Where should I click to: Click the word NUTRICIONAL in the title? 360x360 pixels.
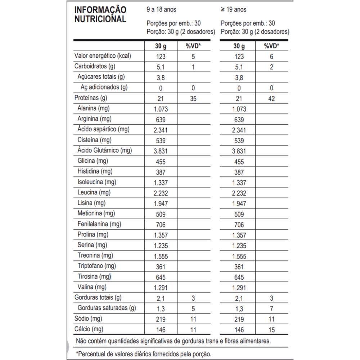100,19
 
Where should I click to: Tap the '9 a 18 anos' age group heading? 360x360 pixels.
162,10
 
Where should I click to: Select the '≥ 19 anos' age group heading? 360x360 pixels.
234,10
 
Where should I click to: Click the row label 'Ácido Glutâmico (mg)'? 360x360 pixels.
105,150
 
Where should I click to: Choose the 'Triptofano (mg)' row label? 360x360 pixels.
96,266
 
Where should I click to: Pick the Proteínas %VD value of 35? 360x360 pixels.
193,98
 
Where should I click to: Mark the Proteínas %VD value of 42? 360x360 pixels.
271,98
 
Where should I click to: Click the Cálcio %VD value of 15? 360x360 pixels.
271,329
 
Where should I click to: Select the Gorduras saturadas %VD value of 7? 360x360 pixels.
271,309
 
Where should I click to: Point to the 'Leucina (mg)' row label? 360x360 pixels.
94,192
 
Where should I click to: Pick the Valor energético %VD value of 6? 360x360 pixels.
271,57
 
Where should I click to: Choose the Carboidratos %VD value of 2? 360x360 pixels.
271,67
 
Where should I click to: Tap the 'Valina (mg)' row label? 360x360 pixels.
92,287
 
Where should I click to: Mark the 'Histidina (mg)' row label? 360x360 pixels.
95,171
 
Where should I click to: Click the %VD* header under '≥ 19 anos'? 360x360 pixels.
271,46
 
